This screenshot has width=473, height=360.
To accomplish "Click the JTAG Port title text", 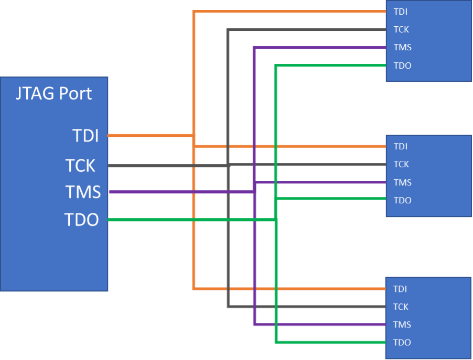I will (x=54, y=93).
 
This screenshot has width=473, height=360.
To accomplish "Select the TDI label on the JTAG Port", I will (x=85, y=136).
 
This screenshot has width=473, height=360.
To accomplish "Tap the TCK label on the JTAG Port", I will (x=81, y=166).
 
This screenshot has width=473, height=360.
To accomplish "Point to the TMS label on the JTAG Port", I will (x=83, y=192).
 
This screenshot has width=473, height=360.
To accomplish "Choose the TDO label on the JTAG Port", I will (x=81, y=220).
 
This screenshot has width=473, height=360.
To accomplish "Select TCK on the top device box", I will (x=401, y=30).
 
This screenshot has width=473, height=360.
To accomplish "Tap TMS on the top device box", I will (x=403, y=48).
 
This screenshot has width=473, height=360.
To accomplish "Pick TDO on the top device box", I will (x=403, y=66).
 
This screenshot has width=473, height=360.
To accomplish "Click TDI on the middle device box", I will (x=401, y=147).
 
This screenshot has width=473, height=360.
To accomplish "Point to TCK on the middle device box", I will (x=401, y=165).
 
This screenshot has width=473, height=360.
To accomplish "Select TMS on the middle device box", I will (x=403, y=182).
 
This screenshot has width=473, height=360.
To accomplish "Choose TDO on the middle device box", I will (x=403, y=200).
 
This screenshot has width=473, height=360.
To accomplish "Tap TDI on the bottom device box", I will (x=401, y=289).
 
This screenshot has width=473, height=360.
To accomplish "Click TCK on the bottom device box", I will (x=401, y=307).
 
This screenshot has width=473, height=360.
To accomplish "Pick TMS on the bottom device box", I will (x=403, y=325).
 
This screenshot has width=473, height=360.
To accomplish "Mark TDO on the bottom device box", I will (x=403, y=343).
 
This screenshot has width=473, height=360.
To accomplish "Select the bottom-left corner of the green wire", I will (x=276, y=343).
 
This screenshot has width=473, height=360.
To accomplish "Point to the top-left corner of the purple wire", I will (x=254, y=48).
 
